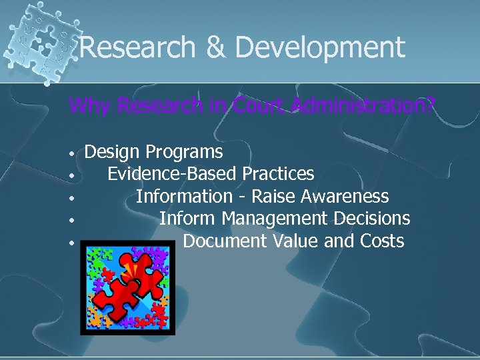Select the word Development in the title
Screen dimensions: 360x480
(320, 48)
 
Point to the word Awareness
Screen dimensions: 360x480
(345, 197)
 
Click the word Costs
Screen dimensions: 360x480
(381, 241)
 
